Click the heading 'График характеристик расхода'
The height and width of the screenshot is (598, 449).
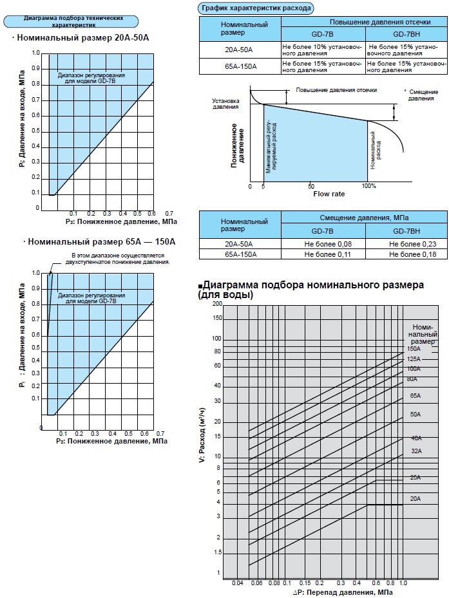pyautogui.click(x=256, y=8)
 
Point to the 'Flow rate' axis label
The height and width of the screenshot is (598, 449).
pyautogui.click(x=329, y=193)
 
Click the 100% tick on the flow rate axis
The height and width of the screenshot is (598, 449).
pyautogui.click(x=368, y=186)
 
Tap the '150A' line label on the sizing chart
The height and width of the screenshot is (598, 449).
pyautogui.click(x=414, y=348)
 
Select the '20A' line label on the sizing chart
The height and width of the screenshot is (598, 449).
pyautogui.click(x=415, y=498)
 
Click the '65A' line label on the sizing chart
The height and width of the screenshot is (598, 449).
pyautogui.click(x=415, y=395)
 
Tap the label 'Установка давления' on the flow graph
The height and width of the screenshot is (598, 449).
pyautogui.click(x=226, y=104)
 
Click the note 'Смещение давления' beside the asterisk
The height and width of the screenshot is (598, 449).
pyautogui.click(x=424, y=95)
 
